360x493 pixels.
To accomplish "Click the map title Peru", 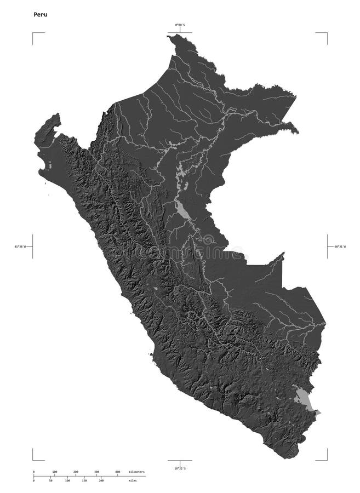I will [40, 15].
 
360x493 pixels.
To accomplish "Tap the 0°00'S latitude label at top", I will [180, 25].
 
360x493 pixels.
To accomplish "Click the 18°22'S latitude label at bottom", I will [180, 468].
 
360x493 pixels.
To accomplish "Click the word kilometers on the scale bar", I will [136, 472].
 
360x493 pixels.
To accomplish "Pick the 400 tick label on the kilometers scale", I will [118, 472].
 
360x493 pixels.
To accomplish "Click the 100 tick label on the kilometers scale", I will [55, 472].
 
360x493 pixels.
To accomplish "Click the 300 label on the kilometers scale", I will [96, 472].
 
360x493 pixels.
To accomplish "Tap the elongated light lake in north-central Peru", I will [181, 209].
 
